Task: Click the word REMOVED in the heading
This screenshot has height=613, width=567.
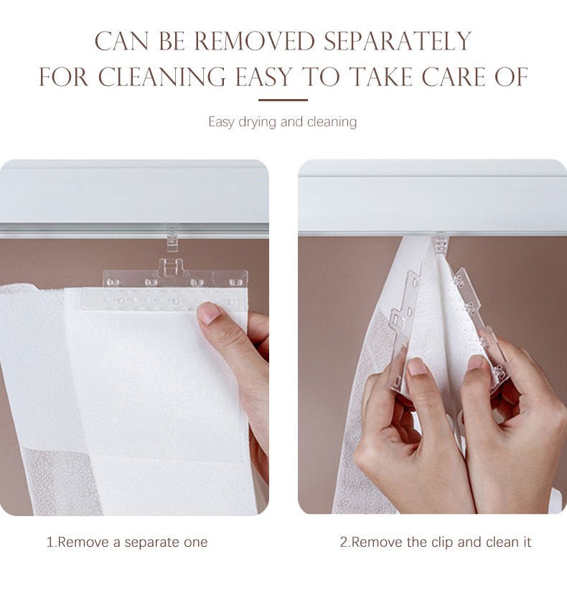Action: point(255,41)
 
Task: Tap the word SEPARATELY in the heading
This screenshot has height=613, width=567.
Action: point(398,41)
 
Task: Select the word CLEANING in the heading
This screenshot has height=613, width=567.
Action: point(162,77)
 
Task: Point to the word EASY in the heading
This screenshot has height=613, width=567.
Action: point(263,77)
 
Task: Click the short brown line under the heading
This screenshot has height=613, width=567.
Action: point(283,100)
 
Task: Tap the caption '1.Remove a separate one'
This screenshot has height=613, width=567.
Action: point(127,542)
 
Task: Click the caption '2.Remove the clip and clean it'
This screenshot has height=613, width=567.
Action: point(435,542)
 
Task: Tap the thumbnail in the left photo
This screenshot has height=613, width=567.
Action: point(210,312)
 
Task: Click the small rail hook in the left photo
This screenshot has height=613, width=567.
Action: point(172,238)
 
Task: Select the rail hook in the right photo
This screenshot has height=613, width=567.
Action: point(441,243)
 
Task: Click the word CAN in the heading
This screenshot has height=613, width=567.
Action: point(121,41)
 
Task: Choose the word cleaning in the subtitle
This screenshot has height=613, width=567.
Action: point(332,122)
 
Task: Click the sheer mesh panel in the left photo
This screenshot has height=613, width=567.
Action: point(62,482)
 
